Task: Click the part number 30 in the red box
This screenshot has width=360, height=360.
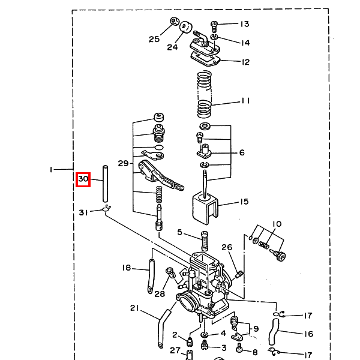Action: [x=83, y=179]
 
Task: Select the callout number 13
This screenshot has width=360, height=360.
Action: [x=245, y=24]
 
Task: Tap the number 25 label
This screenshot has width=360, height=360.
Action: [x=154, y=39]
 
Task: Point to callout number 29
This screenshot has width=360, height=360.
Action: [x=123, y=163]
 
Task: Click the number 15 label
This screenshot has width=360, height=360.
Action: [x=245, y=202]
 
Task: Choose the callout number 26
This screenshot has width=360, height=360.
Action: [x=227, y=247]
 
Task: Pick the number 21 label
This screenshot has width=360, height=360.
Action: [x=134, y=308]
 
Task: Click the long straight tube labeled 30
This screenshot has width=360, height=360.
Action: [x=105, y=184]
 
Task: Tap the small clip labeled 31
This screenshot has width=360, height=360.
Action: [x=107, y=208]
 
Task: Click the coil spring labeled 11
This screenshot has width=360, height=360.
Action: [x=205, y=95]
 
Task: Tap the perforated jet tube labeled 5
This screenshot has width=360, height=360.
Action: [x=205, y=241]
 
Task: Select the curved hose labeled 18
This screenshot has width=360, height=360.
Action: [x=151, y=276]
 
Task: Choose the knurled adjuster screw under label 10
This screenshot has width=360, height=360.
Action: [x=278, y=254]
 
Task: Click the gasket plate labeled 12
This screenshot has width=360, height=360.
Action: [x=205, y=59]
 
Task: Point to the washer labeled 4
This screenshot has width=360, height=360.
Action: [x=205, y=335]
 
